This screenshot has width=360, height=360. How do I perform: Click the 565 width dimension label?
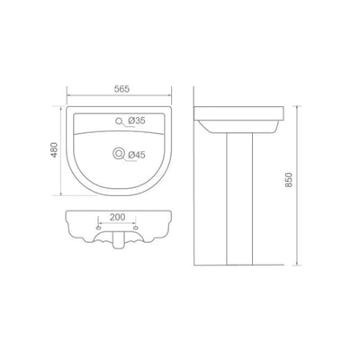(121, 89)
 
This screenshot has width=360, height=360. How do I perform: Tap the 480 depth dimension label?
(54, 149)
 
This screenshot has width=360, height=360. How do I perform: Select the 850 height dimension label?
(288, 180)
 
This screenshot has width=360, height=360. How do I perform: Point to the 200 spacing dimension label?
(117, 217)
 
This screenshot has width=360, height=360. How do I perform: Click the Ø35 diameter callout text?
(137, 121)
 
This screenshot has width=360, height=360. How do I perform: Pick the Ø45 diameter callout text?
(137, 155)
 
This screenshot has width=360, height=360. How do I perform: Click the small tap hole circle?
(119, 121)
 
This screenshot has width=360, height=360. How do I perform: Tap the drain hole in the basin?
(119, 154)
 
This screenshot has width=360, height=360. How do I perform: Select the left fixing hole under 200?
(98, 228)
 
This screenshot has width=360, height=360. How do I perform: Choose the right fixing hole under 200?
(136, 228)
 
